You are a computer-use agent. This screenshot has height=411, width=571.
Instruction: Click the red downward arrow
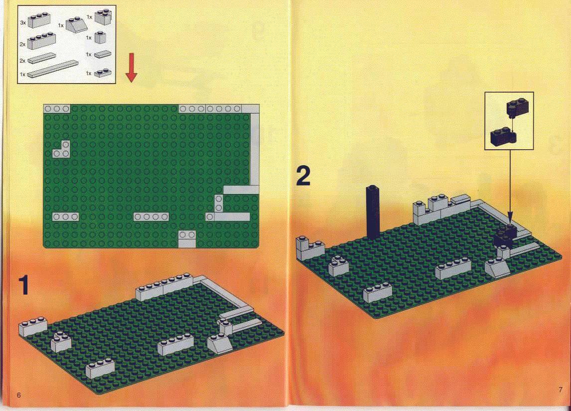pos(132,67)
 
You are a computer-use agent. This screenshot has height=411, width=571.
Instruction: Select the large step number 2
pos(303,176)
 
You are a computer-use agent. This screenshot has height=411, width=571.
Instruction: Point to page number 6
pos(19,395)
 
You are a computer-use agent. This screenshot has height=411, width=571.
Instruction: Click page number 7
pos(561,390)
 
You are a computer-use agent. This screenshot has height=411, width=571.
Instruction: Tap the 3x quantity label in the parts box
pos(23,22)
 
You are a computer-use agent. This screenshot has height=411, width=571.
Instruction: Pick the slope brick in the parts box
pos(76,25)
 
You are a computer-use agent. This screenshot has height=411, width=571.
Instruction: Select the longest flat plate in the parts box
pos(52,69)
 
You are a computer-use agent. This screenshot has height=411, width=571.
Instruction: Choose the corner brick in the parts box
pos(103,17)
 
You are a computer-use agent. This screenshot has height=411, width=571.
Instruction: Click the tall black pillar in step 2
pos(373,211)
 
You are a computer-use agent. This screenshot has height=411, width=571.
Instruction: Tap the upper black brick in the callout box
pos(518,107)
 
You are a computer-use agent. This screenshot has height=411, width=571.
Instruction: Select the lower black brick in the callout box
pos(503,137)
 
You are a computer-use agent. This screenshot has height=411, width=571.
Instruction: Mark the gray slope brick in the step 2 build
pos(498,268)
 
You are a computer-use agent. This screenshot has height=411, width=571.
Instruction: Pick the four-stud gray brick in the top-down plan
pos(151,217)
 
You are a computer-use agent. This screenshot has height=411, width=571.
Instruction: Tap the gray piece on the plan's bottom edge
pos(187,239)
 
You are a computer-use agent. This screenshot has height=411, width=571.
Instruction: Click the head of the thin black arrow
pos(510,219)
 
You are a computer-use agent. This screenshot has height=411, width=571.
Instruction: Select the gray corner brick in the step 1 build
pos(61,342)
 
